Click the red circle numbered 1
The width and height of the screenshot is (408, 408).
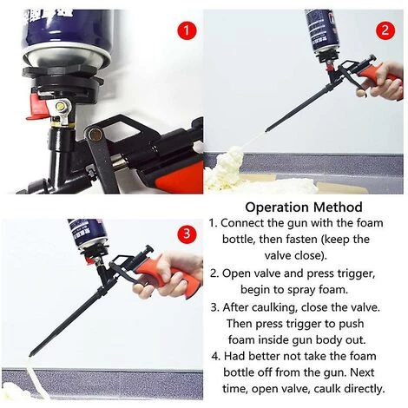pos(187,30)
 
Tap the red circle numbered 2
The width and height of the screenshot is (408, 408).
pos(385,30)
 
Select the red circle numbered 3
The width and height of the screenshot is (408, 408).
pos(187,234)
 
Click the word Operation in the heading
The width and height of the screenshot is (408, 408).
pos(277,207)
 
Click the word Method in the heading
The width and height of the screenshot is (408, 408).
pos(338,207)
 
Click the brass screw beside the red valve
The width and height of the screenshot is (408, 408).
pos(62,107)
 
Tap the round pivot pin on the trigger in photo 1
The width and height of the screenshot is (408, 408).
pos(95,134)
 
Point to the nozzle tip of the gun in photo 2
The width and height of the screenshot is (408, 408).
pos(267,128)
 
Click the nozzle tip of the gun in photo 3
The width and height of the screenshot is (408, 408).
pos(31,354)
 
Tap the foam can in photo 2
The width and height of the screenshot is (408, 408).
pos(324,36)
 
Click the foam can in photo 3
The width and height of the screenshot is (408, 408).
pos(89,234)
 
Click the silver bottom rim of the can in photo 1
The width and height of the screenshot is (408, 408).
pos(66,59)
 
